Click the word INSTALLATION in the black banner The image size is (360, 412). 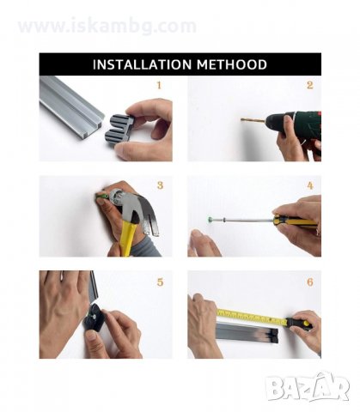pos(143,64)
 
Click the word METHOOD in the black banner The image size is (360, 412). pos(232,64)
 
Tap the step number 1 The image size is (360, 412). pos(159,85)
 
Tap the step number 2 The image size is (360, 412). pos(310,85)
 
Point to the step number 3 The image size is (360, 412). pos(160,185)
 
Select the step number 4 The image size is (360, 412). pos(310,185)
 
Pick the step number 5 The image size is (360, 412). pos(160,282)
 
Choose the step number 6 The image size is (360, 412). pos(310,282)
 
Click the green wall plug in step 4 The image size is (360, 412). pos(211,220)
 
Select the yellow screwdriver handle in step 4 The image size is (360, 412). pos(295,221)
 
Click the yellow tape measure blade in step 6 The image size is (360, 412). pos(252,317)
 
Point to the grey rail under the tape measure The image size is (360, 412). pos(247,332)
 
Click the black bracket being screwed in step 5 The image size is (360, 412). pos(94,317)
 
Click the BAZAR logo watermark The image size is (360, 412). pos(308,387)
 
